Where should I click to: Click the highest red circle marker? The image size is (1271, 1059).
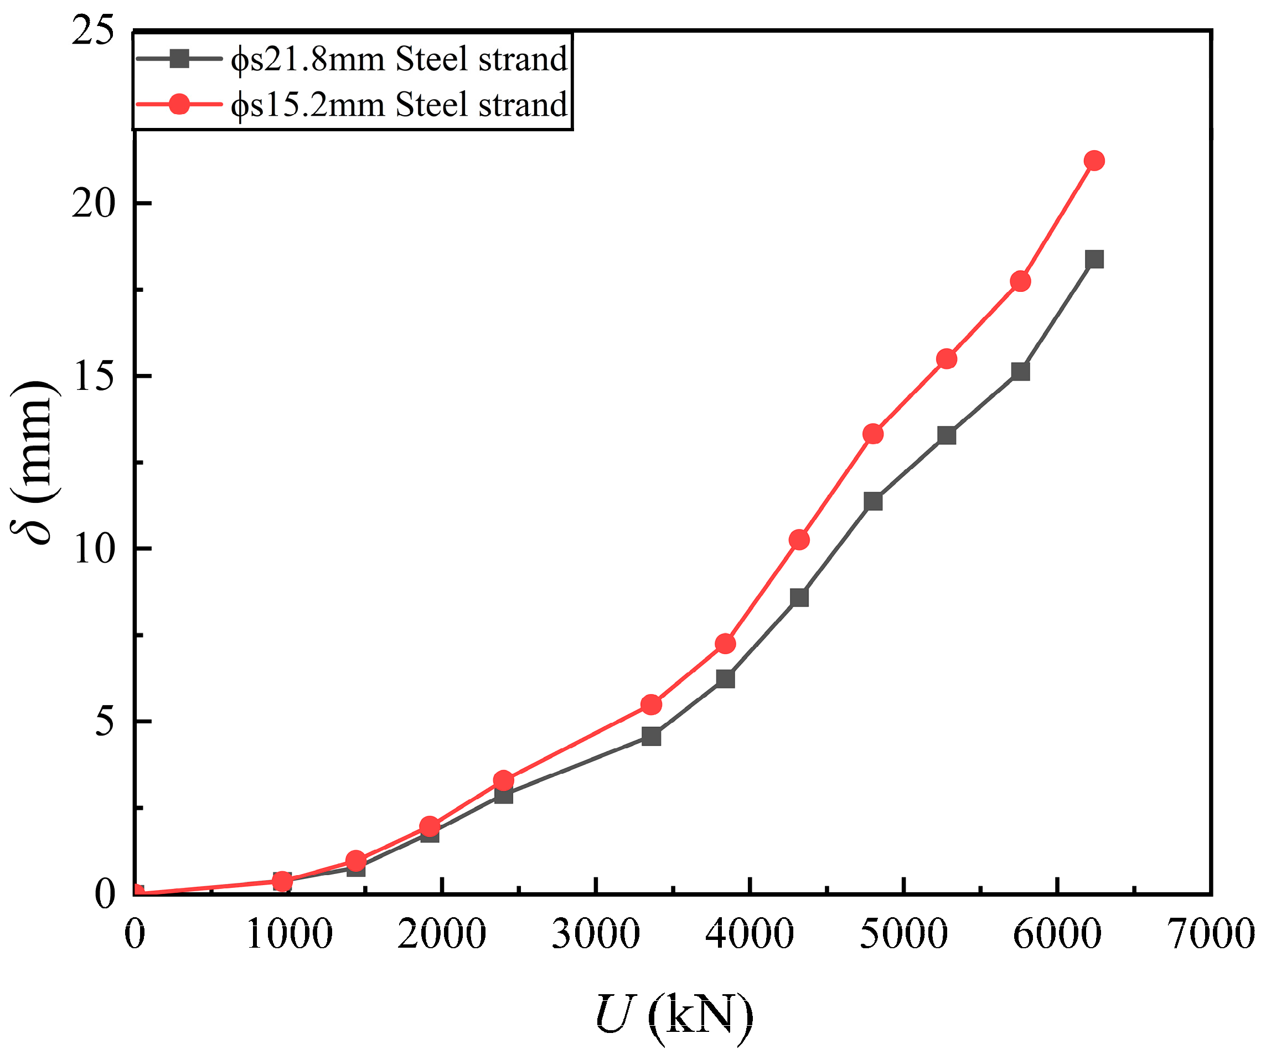tap(1094, 161)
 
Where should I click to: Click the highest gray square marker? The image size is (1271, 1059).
tap(1094, 259)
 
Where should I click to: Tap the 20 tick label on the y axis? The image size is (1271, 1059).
tap(93, 203)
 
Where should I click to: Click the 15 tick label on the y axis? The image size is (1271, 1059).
tap(93, 376)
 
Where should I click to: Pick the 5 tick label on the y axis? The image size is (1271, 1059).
tap(104, 722)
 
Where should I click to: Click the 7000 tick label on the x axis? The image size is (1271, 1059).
tap(1211, 934)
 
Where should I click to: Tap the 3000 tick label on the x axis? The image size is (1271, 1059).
tap(596, 934)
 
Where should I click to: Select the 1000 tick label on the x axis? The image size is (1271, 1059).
tap(290, 934)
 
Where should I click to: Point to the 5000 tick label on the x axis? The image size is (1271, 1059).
tap(903, 934)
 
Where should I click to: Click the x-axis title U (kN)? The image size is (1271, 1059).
tap(674, 1015)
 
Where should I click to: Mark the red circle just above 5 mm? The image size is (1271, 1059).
tap(651, 704)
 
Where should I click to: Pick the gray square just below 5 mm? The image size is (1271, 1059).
tap(651, 737)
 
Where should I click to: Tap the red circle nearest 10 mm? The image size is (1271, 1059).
tap(799, 539)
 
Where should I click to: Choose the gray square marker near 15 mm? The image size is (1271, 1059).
tap(1020, 371)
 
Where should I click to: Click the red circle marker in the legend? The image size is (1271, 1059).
tap(179, 104)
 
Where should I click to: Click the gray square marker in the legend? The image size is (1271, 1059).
tap(179, 59)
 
